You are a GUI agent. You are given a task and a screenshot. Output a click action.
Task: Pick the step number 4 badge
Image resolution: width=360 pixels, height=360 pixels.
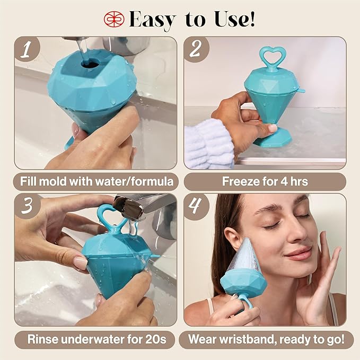(196, 206)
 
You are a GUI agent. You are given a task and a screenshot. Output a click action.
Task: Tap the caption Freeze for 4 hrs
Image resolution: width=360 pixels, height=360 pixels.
(265, 182)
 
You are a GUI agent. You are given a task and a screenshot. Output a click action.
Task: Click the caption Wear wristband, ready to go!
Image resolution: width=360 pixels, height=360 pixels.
(265, 338)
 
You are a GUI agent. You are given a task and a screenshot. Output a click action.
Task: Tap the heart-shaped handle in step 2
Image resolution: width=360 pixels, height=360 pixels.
(273, 57)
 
